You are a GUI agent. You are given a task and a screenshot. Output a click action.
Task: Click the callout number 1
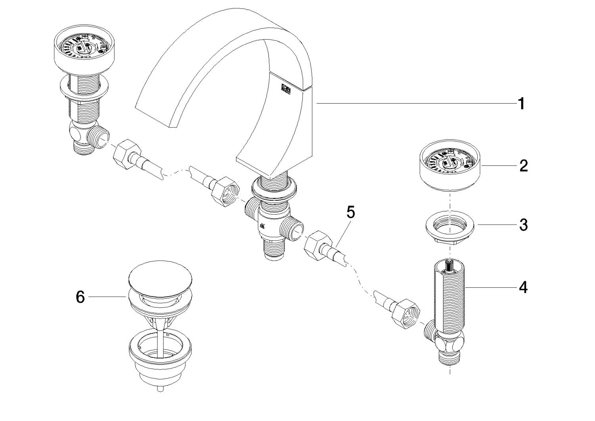tap(522, 104)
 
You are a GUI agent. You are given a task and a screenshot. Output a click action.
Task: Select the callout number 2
tap(523, 166)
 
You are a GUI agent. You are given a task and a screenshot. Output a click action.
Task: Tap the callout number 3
tap(523, 225)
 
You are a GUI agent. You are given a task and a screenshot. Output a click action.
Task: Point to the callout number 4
tap(523, 287)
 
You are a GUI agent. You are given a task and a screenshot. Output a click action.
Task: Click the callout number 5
tap(351, 212)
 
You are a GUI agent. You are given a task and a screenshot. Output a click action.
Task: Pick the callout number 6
tap(81, 297)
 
